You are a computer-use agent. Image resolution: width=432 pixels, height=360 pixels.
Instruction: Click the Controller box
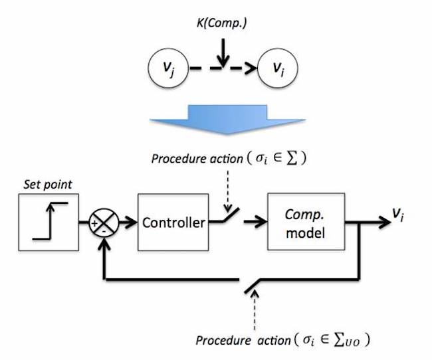174,223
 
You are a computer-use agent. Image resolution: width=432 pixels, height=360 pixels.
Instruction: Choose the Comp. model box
306,223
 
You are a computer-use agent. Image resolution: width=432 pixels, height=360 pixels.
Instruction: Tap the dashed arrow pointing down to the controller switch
226,187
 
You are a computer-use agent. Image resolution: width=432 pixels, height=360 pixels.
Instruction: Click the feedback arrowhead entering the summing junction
105,243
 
